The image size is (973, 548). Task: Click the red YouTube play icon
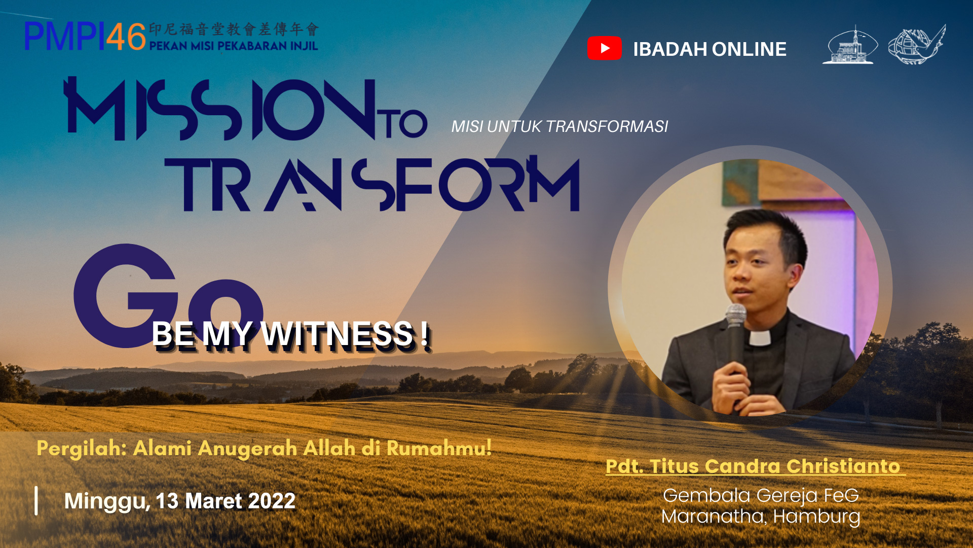click(605, 48)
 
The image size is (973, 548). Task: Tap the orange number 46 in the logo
click(126, 37)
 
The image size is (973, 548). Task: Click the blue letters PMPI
click(65, 37)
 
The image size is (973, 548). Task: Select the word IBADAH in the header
click(670, 49)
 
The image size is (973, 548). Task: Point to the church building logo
click(850, 45)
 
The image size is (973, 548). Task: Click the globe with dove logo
click(917, 45)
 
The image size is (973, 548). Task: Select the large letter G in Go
click(126, 296)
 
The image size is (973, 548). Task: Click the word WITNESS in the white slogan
click(337, 334)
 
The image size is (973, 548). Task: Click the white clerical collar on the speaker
click(760, 337)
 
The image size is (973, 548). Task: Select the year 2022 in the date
click(272, 501)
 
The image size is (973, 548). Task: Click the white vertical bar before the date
click(36, 501)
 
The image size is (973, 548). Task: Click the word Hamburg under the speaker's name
click(816, 517)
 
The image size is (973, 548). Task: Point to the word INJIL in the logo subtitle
click(304, 46)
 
